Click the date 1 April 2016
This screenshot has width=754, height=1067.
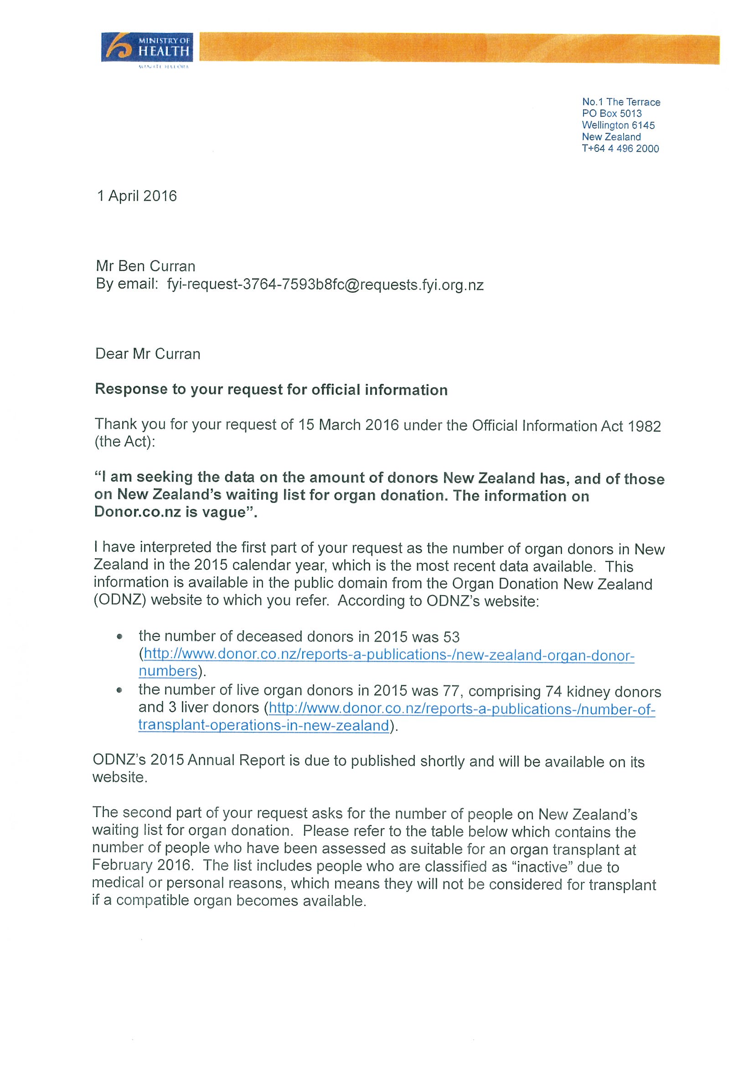137,196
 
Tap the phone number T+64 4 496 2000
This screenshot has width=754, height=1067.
620,149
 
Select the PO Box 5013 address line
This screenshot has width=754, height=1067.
612,114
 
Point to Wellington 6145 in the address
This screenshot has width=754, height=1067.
618,125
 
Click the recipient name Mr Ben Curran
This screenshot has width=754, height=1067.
145,266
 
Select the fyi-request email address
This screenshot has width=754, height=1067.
325,285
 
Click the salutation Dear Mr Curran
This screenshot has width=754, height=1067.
148,354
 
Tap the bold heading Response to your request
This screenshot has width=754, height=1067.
271,389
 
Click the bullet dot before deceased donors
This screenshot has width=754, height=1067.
120,637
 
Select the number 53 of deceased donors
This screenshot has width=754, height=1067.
452,637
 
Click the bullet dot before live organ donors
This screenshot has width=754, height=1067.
120,690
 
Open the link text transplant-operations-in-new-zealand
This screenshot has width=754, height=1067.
263,725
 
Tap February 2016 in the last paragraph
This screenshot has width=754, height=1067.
142,865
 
